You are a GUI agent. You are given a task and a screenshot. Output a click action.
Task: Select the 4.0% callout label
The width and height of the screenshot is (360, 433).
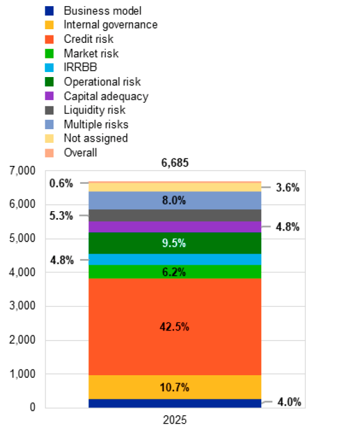[x=288, y=402]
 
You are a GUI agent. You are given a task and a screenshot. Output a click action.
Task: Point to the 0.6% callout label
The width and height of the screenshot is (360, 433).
[x=61, y=183]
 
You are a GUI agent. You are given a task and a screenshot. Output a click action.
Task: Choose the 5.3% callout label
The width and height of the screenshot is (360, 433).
[x=61, y=216]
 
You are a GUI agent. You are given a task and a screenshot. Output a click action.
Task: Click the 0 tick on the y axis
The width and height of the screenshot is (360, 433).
[x=32, y=408]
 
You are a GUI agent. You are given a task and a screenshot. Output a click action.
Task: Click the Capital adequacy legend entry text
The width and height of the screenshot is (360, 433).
[x=106, y=96]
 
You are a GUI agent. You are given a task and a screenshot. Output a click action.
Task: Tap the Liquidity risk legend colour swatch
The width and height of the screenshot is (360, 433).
[x=50, y=110]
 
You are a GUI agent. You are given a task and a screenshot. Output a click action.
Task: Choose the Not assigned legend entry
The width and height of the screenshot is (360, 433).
[x=95, y=138]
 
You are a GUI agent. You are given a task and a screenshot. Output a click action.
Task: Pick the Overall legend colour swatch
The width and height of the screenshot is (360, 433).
[x=50, y=152]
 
